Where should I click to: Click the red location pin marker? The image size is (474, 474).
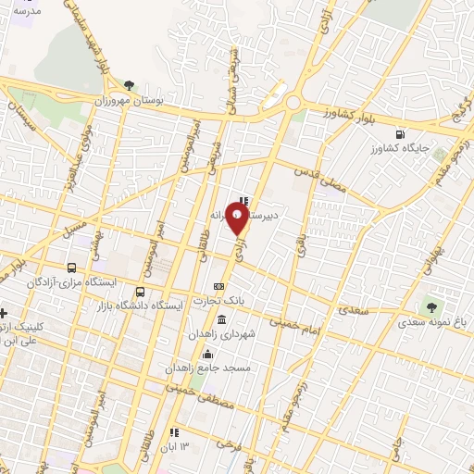pyautogui.click(x=237, y=218)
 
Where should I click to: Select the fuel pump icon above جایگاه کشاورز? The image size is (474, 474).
pyautogui.click(x=399, y=133)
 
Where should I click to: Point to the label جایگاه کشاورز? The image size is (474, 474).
pyautogui.click(x=398, y=148)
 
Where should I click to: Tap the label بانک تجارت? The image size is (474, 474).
pyautogui.click(x=218, y=300)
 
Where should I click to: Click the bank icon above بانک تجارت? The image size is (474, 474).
pyautogui.click(x=218, y=286)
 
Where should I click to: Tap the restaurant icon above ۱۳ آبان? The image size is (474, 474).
pyautogui.click(x=173, y=432)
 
